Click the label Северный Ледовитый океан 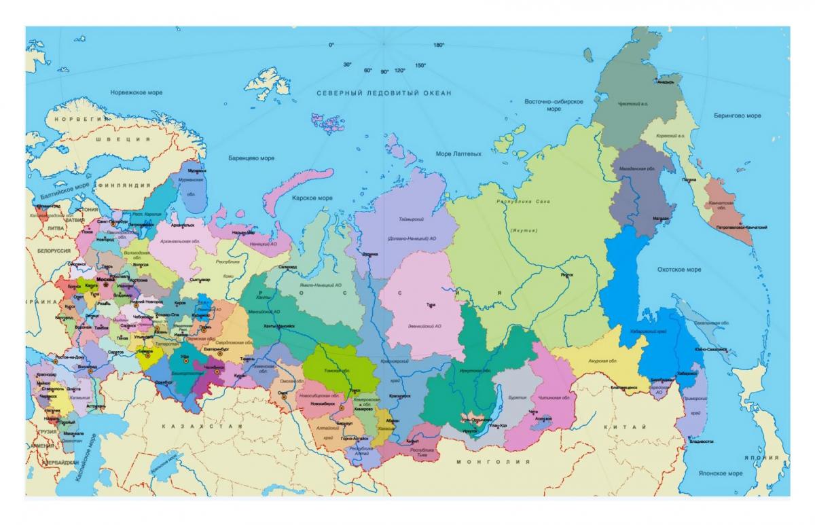click(x=383, y=92)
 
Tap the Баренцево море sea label click(x=252, y=158)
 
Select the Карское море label click(x=312, y=198)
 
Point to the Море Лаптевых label click(x=458, y=154)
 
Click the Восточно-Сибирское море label click(x=554, y=105)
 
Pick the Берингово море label click(x=737, y=115)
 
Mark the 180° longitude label click(x=439, y=45)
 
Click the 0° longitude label click(x=331, y=45)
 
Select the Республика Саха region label click(x=523, y=202)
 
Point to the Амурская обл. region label click(x=602, y=361)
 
